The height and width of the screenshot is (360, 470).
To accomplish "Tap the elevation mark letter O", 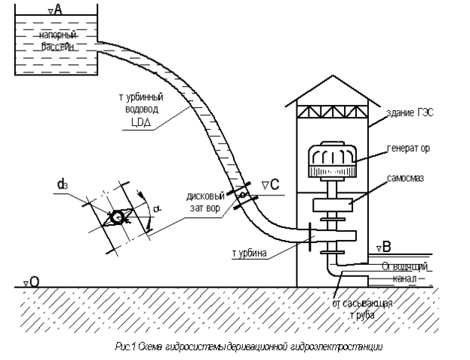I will [34, 281].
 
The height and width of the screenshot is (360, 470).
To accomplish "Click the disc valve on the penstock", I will [243, 196].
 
